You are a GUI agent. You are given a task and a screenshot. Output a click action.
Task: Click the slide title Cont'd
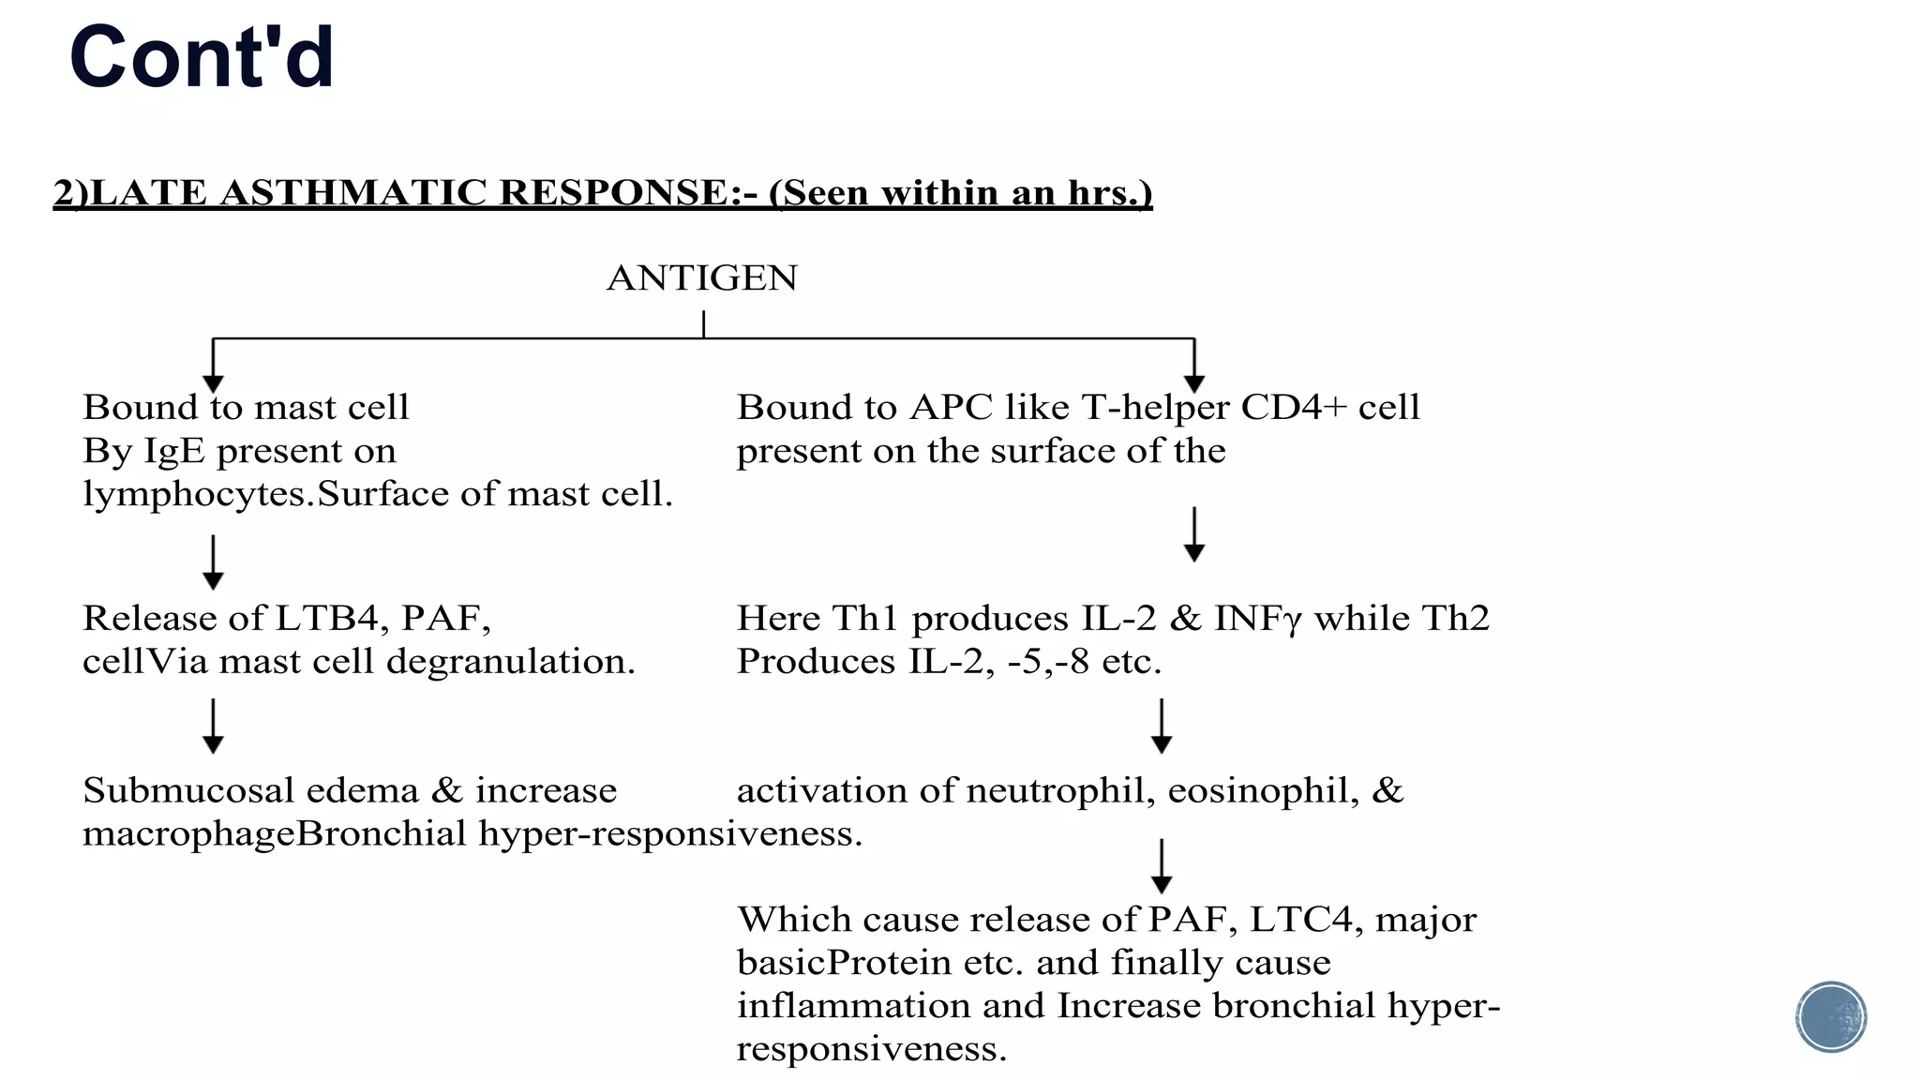pyautogui.click(x=202, y=57)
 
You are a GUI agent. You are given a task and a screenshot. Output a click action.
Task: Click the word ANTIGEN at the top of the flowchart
pyautogui.click(x=702, y=278)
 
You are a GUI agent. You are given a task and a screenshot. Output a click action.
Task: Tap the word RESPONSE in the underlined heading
pyautogui.click(x=612, y=192)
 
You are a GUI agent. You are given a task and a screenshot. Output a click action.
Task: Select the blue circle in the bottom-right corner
pyautogui.click(x=1831, y=1017)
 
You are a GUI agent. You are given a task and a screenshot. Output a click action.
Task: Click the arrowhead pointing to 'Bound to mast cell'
pyautogui.click(x=214, y=384)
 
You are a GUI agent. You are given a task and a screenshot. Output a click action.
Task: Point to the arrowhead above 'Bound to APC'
pyautogui.click(x=1194, y=384)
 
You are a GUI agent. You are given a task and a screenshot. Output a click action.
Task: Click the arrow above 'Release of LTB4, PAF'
pyautogui.click(x=214, y=562)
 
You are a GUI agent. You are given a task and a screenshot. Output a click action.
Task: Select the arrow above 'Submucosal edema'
pyautogui.click(x=214, y=726)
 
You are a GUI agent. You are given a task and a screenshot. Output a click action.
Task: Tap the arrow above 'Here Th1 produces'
pyautogui.click(x=1194, y=534)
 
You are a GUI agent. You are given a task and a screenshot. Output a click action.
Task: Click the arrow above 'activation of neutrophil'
pyautogui.click(x=1162, y=726)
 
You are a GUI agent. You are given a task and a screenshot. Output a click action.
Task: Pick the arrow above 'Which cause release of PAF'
pyautogui.click(x=1162, y=866)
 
